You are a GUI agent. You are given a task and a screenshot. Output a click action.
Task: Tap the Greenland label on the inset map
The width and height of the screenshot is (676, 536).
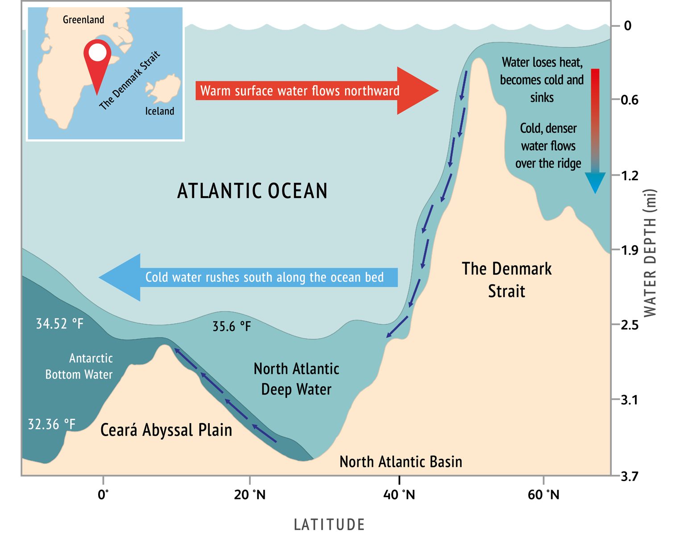pos(83,20)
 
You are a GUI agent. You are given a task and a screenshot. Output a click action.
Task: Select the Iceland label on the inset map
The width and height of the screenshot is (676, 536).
pos(159,111)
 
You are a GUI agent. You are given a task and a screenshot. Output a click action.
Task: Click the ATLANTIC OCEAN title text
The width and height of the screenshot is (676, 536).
pos(252,191)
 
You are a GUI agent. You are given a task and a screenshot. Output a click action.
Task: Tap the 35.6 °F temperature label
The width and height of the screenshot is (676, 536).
pos(232,326)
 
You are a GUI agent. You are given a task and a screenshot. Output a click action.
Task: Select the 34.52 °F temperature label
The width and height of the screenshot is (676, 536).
pos(59,324)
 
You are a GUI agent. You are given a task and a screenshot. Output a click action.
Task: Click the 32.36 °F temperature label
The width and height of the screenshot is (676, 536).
pos(51,424)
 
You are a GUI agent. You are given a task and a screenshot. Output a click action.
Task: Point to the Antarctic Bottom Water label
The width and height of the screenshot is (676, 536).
pos(79,366)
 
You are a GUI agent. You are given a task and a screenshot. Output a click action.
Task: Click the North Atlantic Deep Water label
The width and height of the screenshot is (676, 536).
pos(296,379)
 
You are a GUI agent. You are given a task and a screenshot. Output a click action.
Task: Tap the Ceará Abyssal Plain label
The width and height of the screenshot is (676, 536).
pos(166,430)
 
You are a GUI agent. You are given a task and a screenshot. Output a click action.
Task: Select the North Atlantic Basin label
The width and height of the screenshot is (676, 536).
pos(401,462)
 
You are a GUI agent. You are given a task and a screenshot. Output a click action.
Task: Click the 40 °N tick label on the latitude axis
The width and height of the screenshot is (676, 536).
pos(399,495)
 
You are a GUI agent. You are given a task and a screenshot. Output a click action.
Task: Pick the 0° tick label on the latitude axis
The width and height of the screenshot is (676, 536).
pos(103,495)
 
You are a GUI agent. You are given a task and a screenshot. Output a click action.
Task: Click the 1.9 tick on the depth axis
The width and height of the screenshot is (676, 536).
pos(630,250)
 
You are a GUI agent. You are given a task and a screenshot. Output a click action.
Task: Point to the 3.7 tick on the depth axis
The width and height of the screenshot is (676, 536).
pos(630,477)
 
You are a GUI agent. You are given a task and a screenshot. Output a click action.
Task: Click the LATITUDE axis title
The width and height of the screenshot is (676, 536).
pos(329,524)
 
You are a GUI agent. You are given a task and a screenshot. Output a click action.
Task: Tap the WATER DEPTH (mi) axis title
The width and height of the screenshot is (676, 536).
pos(651,253)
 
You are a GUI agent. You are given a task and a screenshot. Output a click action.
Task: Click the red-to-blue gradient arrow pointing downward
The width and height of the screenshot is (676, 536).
pos(595,129)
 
